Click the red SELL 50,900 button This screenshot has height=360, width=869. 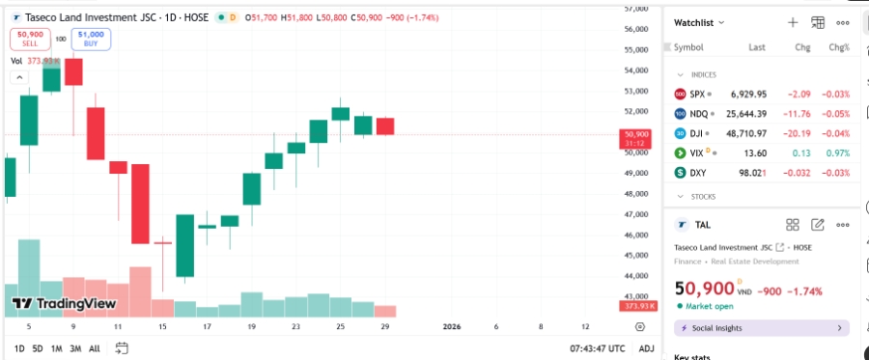[31, 39]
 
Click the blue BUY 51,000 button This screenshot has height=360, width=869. [91, 39]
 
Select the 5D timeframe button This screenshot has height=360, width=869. [38, 348]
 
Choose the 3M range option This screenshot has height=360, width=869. [75, 348]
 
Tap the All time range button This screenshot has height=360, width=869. [95, 348]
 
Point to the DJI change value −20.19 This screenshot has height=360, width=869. [797, 133]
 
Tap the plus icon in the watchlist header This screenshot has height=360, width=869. [793, 22]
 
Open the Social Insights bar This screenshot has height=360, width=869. [761, 328]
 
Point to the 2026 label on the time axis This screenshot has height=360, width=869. [451, 327]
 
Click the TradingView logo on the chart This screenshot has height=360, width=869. [64, 303]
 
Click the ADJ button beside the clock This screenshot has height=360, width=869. [647, 348]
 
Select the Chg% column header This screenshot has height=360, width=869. [838, 47]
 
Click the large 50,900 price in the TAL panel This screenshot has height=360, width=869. [704, 289]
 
